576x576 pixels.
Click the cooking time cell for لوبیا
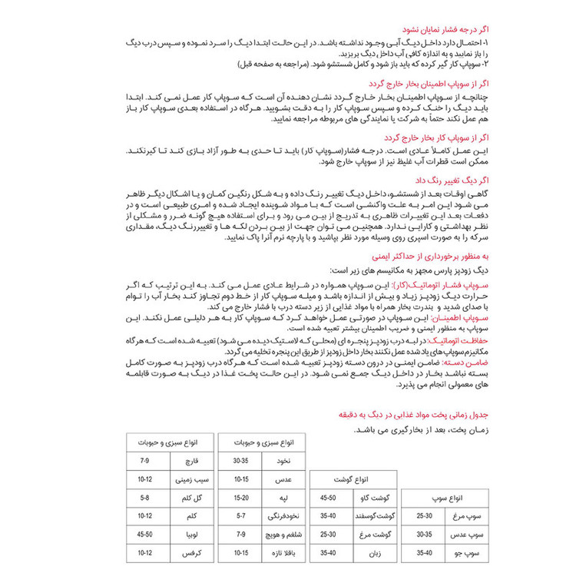pyautogui.click(x=144, y=534)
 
